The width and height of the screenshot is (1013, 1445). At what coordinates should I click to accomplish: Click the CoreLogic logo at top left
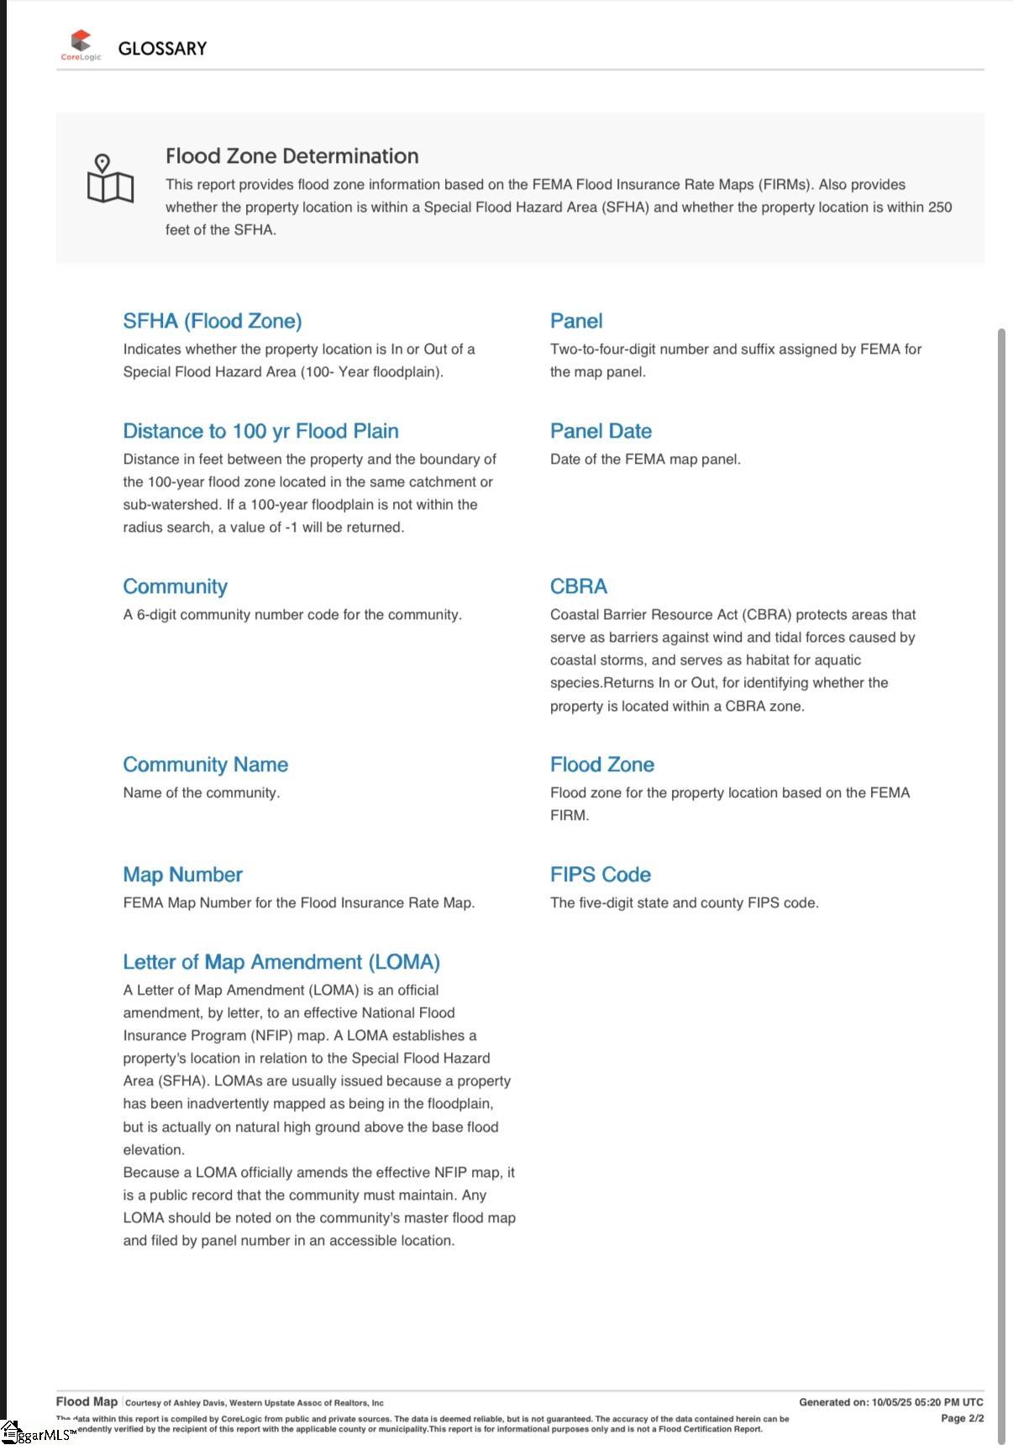[81, 45]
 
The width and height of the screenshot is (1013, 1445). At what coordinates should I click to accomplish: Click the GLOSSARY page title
[162, 49]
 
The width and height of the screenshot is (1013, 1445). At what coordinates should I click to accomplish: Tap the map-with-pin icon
[110, 179]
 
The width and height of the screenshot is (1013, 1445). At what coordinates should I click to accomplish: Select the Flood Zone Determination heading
[291, 156]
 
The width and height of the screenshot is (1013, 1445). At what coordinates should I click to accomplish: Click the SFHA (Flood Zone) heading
[213, 321]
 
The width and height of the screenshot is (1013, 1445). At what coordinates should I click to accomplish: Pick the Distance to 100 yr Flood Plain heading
[260, 431]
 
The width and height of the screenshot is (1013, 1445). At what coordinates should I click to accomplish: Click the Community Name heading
[205, 765]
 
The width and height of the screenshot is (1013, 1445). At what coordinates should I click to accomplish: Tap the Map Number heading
[182, 875]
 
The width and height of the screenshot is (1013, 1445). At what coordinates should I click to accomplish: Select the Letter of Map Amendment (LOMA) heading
[281, 962]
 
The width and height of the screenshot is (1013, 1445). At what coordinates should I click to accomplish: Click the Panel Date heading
[601, 431]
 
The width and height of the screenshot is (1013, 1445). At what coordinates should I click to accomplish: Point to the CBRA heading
[579, 586]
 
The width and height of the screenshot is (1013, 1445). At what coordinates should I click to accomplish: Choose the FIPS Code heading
[601, 875]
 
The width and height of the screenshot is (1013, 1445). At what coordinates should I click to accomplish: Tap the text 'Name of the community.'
[202, 792]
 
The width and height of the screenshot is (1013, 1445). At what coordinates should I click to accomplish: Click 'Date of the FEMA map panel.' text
[645, 459]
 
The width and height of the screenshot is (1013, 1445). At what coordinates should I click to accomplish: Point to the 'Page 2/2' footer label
[962, 1418]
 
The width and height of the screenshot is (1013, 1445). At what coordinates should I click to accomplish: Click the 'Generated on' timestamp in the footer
[890, 1402]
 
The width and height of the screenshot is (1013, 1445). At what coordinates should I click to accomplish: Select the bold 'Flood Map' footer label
[87, 1401]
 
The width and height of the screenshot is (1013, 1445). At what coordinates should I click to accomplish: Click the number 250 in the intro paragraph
[940, 208]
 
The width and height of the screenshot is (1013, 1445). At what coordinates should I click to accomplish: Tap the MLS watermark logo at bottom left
[38, 1433]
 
